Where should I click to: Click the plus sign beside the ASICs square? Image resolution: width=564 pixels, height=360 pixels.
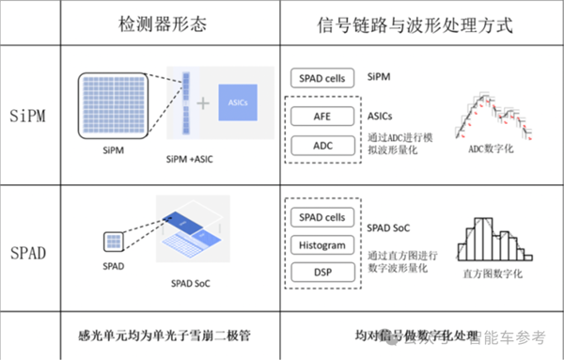[201, 103]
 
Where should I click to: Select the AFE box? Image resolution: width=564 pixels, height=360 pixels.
[321, 117]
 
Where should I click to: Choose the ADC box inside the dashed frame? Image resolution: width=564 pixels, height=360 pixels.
[321, 146]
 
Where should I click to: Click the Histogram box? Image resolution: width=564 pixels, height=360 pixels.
[321, 245]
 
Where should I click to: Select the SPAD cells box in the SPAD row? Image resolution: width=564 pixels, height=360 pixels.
[321, 219]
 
